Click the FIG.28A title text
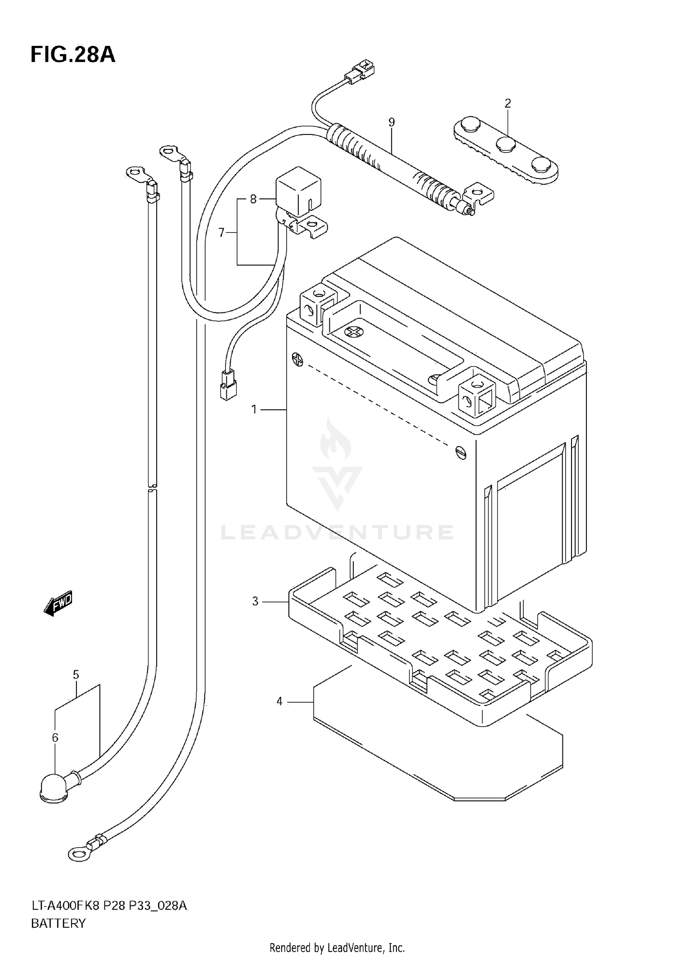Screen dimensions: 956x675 coord(73,55)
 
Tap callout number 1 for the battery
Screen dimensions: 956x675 coord(254,409)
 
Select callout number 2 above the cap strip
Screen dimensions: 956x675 coord(508,103)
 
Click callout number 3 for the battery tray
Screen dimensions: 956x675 coord(255,601)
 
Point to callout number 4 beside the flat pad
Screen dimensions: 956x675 coord(279,701)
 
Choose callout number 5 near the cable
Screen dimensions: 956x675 coord(76,675)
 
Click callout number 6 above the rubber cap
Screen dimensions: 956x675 coord(55,737)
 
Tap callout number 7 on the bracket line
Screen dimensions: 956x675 coord(221,233)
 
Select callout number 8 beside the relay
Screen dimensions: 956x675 coord(253,198)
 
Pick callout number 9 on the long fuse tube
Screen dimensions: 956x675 coord(391,122)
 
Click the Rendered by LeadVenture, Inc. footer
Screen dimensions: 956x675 coord(337,947)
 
